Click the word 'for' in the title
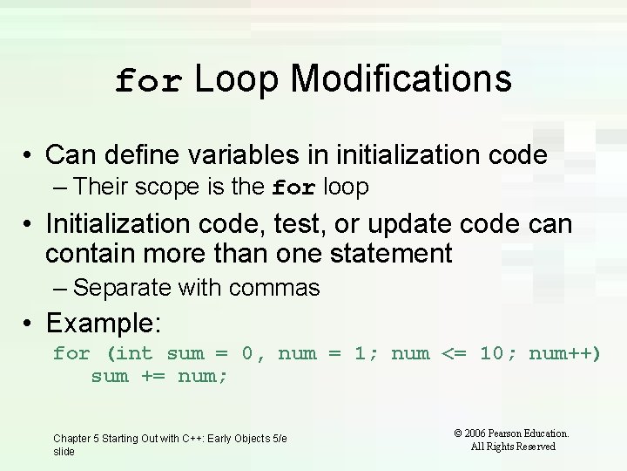149,81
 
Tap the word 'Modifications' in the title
401,78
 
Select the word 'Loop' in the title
236,78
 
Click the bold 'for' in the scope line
293,188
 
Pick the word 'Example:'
104,324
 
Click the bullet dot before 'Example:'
30,324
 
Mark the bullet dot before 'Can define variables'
30,155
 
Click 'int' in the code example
134,353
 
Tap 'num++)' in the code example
564,353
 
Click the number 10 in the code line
492,353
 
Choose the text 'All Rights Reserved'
513,447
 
